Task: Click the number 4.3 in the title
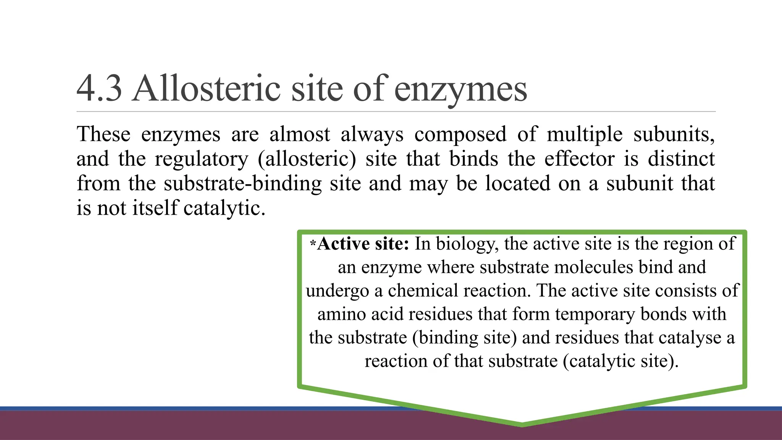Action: [x=99, y=89]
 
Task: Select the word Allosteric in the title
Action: [x=206, y=89]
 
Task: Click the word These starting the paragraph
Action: [x=103, y=134]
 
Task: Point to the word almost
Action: [x=300, y=134]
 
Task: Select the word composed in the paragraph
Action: [x=460, y=135]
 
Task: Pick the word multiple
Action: [x=584, y=135]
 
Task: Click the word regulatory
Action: [x=201, y=159]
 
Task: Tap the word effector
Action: [x=579, y=159]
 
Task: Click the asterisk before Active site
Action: [x=313, y=243]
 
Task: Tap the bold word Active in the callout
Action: [x=343, y=244]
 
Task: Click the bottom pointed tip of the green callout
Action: [x=522, y=424]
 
